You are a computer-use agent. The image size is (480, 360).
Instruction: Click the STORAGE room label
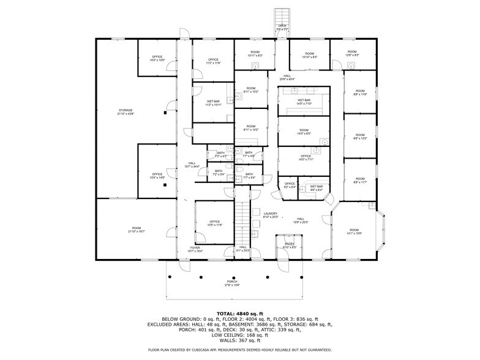click(x=125, y=110)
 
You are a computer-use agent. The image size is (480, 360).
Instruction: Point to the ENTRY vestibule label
click(x=290, y=244)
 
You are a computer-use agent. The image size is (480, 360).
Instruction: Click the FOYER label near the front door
click(x=194, y=247)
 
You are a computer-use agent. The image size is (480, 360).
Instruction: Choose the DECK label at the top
click(x=282, y=26)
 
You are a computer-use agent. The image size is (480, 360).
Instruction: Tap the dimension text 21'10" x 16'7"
click(x=136, y=232)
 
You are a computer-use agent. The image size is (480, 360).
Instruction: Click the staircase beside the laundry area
click(x=244, y=216)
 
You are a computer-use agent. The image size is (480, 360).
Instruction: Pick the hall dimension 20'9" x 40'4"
click(x=287, y=79)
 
